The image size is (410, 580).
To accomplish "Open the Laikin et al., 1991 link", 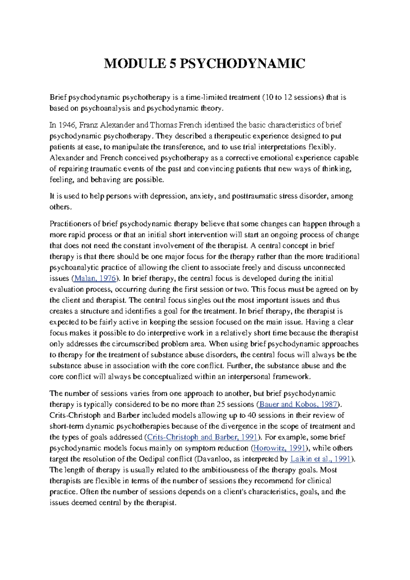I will pyautogui.click(x=320, y=459).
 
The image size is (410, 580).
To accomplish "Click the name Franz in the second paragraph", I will pyautogui.click(x=88, y=125).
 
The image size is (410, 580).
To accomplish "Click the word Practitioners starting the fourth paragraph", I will pyautogui.click(x=70, y=224).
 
